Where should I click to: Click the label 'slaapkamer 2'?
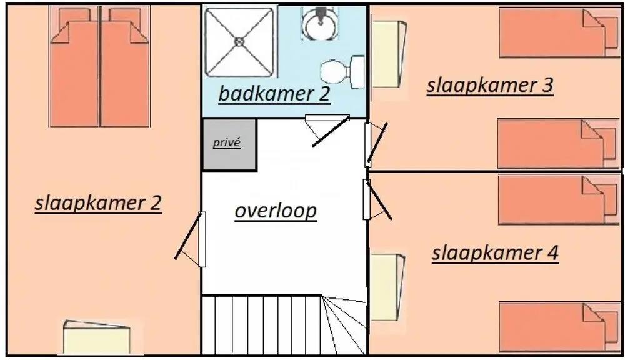[98, 203]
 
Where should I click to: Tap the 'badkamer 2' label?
[274, 94]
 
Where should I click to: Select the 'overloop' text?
[276, 211]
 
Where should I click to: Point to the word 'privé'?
[226, 142]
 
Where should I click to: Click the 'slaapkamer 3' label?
[490, 86]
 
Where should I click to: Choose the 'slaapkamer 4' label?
[496, 253]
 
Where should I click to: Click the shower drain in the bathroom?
[239, 41]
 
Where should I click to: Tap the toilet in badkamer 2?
[342, 72]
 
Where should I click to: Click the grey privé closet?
[229, 145]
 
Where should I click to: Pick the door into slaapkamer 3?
[376, 144]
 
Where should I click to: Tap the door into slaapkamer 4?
[377, 199]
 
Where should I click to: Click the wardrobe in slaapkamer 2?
[97, 337]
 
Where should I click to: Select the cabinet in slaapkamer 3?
[388, 54]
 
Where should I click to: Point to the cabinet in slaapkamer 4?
[387, 287]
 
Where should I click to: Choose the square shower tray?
[240, 41]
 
